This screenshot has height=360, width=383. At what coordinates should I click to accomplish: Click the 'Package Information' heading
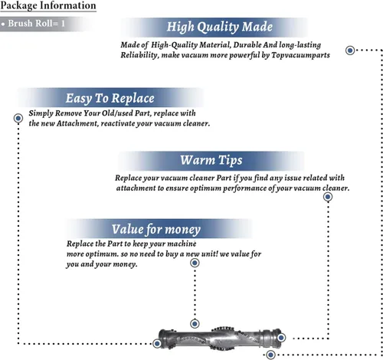[x=48, y=5]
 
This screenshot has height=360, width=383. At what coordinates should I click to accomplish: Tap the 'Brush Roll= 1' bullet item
[x=36, y=24]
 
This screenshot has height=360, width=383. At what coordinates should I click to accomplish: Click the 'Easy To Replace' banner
[x=110, y=98]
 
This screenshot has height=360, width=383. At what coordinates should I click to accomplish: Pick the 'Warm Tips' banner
[x=211, y=160]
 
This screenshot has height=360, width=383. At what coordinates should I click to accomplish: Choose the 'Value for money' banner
[x=156, y=229]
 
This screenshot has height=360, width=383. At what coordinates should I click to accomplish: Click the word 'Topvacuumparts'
[x=300, y=55]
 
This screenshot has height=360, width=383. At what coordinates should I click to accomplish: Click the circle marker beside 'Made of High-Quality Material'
[x=350, y=50]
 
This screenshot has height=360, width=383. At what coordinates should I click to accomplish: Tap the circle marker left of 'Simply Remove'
[x=18, y=118]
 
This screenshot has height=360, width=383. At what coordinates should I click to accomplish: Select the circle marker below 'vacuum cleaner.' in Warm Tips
[x=328, y=197]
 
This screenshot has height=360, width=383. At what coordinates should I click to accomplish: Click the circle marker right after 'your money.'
[x=195, y=263]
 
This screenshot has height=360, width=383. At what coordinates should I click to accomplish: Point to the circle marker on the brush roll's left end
[x=157, y=343]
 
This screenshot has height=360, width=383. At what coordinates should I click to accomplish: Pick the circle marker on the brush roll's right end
[x=281, y=338]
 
